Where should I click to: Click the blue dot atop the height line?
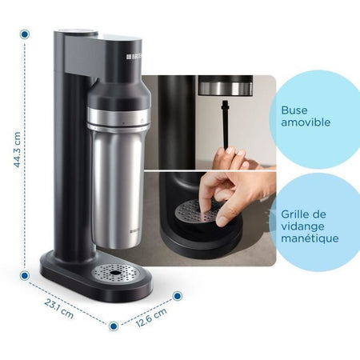(x=25, y=35)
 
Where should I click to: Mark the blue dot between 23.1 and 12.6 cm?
(x=114, y=326)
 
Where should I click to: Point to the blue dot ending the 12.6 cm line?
(x=177, y=295)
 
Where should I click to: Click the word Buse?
(x=294, y=111)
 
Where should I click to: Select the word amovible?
(x=304, y=126)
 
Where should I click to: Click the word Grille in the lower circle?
(x=297, y=214)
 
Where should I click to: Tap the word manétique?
(x=309, y=238)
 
